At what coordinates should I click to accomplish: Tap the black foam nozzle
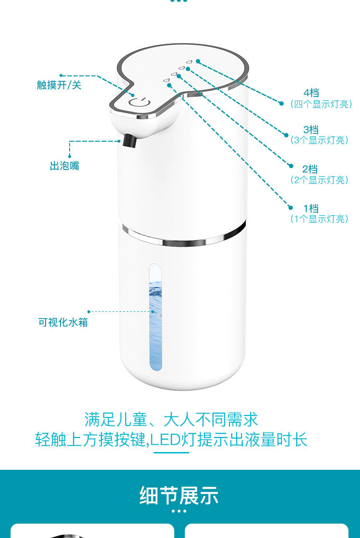[x=129, y=140]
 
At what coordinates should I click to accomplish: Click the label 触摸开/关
[x=59, y=85]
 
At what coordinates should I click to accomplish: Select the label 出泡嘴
[x=64, y=166]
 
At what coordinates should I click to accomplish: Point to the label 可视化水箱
[x=63, y=322]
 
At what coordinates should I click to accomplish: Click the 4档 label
[x=312, y=93]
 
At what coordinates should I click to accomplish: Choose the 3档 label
[x=311, y=130]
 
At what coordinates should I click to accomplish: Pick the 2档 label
[x=310, y=169]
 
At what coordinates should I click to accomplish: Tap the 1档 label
[x=311, y=208]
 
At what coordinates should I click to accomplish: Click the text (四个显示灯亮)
[x=321, y=104]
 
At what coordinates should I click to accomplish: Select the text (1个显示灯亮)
[x=320, y=219]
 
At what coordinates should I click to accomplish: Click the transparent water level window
[x=156, y=318]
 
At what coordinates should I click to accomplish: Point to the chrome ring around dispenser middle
[x=184, y=237]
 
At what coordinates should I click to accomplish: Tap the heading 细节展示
[x=179, y=495]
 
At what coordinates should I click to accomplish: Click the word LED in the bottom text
[x=165, y=440]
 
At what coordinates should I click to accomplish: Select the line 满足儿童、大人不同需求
[x=171, y=419]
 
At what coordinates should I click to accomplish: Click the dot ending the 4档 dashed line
[x=281, y=103]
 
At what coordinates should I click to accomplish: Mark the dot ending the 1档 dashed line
[x=290, y=208]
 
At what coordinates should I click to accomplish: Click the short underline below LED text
[x=171, y=452]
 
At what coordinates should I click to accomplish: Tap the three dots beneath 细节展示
[x=179, y=511]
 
